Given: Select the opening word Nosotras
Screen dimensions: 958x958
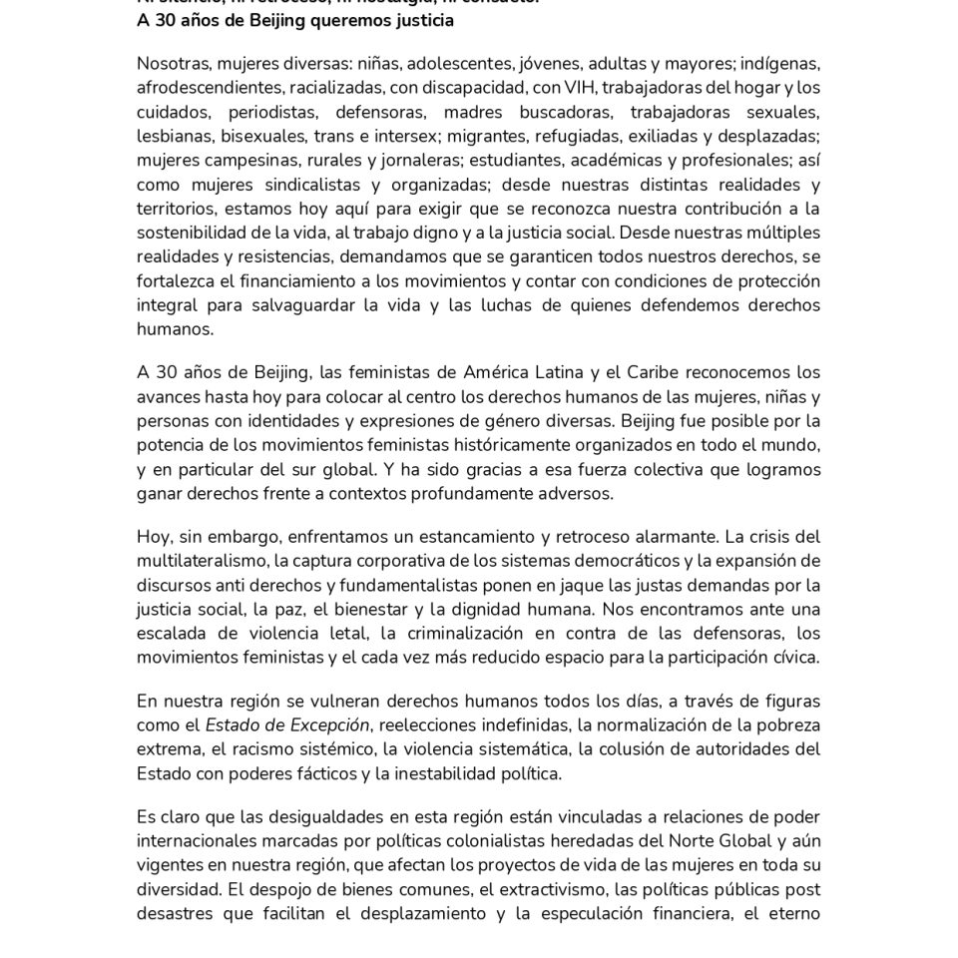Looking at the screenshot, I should (x=173, y=64).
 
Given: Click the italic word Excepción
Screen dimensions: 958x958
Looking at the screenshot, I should (x=328, y=724).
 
